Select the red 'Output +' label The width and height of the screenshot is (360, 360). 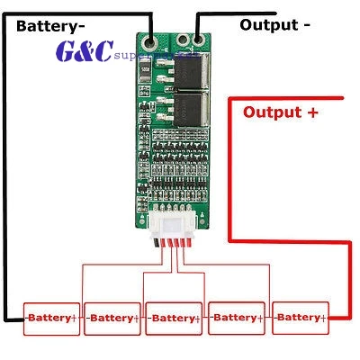(x=281, y=112)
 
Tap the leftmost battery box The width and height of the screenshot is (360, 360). (x=52, y=318)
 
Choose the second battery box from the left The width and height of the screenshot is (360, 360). (x=112, y=318)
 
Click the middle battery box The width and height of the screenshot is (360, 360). (x=175, y=318)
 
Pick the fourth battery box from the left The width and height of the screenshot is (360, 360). (x=236, y=317)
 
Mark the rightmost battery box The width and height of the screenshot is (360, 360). (x=299, y=317)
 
